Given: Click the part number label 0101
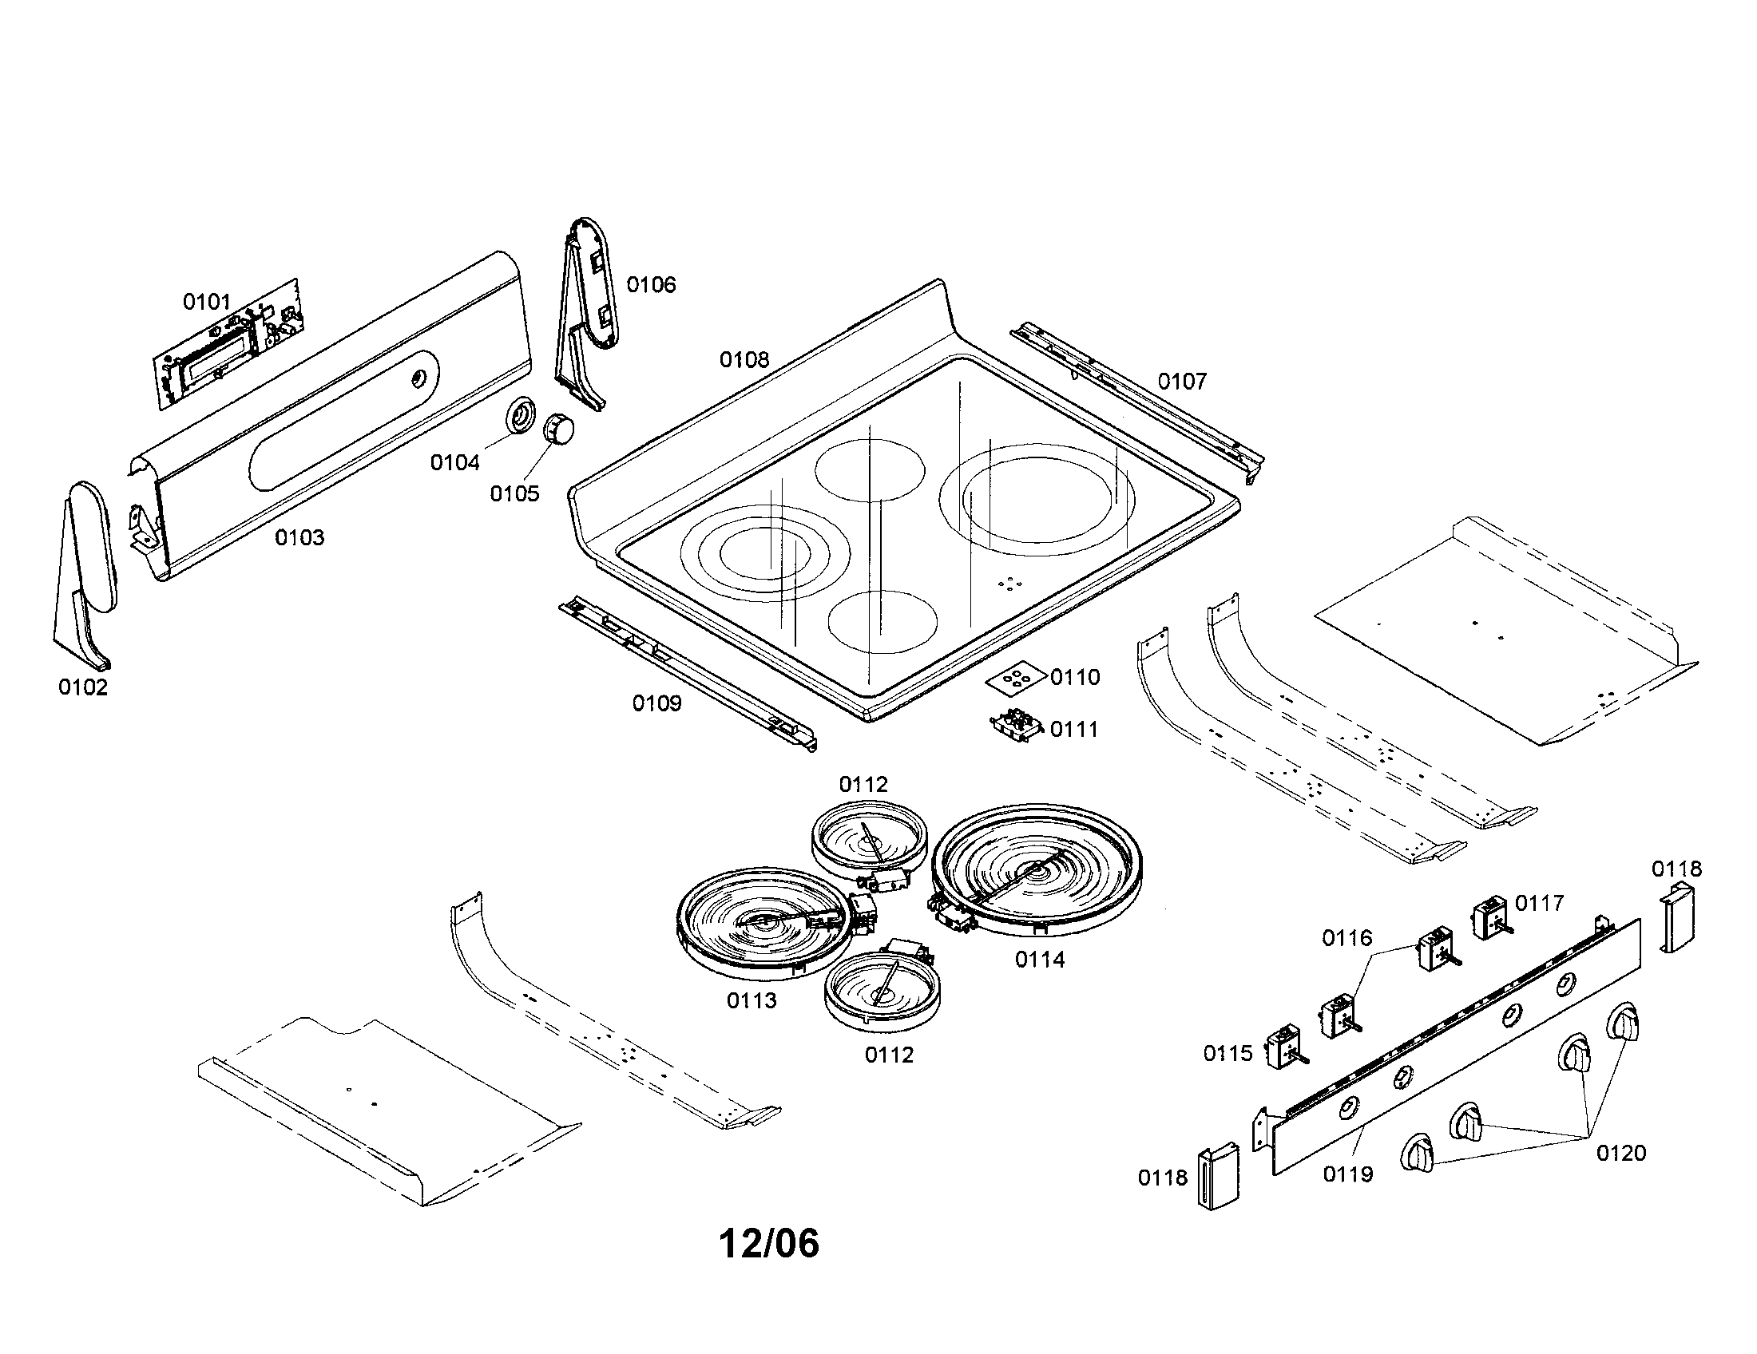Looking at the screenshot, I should (207, 302).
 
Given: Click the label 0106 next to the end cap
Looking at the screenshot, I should (651, 285).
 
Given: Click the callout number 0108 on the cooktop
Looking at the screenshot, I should (744, 359).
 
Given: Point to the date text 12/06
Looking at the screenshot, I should (768, 1243).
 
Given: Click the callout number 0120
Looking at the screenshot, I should (1621, 1153).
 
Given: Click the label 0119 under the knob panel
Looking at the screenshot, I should (1348, 1174).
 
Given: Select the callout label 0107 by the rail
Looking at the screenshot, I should (1182, 381).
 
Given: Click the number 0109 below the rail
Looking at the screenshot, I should (656, 703).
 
